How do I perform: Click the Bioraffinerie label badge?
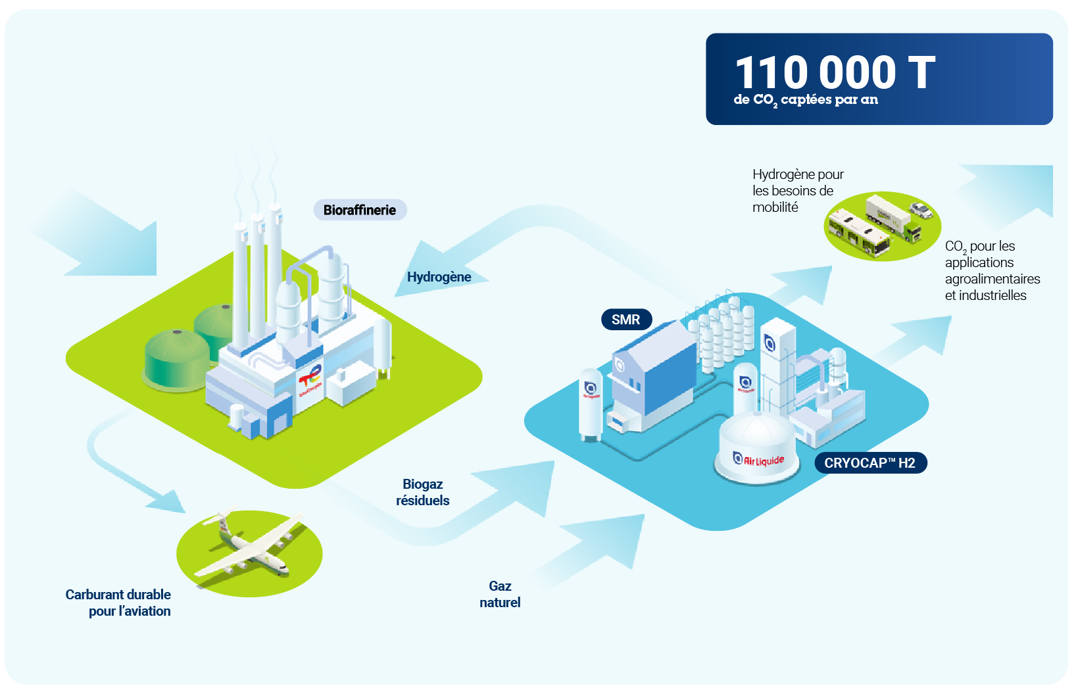tap(360, 210)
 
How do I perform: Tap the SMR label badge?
tap(626, 320)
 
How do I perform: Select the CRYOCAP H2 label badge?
tap(870, 463)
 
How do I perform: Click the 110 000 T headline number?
tap(835, 72)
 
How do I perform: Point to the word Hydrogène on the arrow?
tap(439, 277)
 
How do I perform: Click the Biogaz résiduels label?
tap(423, 492)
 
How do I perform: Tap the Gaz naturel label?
tap(500, 594)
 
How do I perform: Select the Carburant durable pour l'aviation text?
tap(118, 603)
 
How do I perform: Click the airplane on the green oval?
tap(250, 544)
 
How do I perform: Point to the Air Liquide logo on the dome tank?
tap(758, 459)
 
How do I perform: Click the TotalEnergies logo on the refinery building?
tap(310, 380)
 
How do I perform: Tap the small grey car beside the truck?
tap(920, 210)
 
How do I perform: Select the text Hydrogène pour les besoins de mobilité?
tap(798, 190)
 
